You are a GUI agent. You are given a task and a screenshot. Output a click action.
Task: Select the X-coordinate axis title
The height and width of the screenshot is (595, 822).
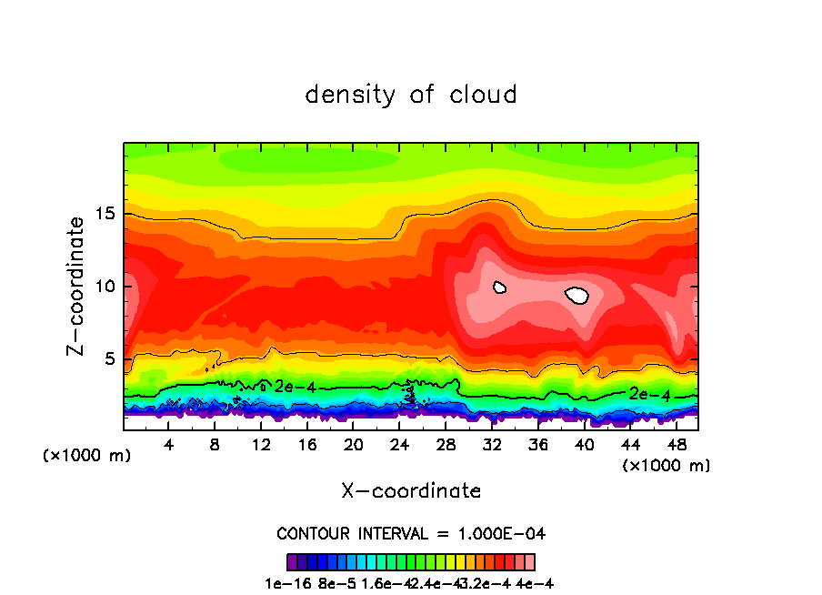coord(411,491)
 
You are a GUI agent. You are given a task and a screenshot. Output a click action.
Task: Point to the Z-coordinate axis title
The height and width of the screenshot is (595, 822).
coord(78,286)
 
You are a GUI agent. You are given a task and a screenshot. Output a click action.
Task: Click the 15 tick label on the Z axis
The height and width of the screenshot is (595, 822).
coord(105,214)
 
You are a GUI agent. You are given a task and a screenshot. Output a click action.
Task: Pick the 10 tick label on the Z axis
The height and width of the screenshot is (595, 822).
coord(105,287)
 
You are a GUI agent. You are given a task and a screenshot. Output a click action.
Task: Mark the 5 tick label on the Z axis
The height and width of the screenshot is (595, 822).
coord(109,359)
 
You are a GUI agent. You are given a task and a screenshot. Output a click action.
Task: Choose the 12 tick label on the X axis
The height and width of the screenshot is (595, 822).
coord(261,445)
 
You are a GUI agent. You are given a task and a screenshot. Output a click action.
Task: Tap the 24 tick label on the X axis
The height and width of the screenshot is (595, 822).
coord(399,445)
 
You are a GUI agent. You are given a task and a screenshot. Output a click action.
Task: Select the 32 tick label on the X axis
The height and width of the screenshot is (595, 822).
coord(492,445)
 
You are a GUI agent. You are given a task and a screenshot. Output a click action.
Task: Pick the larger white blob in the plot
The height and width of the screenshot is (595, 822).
coord(577,295)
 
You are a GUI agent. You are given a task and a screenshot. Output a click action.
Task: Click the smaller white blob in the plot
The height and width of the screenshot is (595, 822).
coord(499,287)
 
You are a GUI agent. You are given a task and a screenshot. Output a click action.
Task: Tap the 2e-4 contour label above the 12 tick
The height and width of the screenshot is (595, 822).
coord(294,387)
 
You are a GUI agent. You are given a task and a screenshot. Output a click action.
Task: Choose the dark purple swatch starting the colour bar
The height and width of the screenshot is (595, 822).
coord(292,561)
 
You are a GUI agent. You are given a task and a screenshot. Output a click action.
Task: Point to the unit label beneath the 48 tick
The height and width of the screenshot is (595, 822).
coord(667,466)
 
